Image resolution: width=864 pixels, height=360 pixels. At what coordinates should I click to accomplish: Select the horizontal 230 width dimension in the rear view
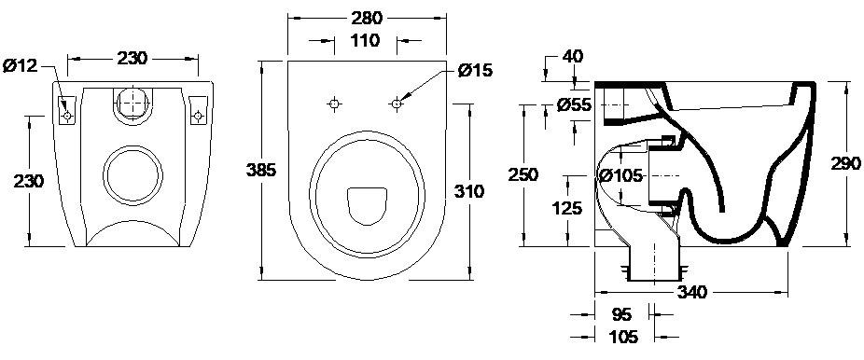pyautogui.click(x=133, y=58)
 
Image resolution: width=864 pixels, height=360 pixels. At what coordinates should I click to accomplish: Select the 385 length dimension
pyautogui.click(x=259, y=169)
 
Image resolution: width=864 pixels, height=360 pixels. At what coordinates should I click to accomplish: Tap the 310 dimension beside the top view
pyautogui.click(x=469, y=191)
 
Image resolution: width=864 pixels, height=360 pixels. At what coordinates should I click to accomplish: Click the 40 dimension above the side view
pyautogui.click(x=572, y=57)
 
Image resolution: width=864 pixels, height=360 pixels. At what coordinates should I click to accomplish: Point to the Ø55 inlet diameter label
pyautogui.click(x=574, y=105)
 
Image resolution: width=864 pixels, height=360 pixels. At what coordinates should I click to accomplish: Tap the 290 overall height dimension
pyautogui.click(x=846, y=164)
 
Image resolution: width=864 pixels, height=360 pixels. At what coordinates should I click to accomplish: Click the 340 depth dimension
pyautogui.click(x=691, y=292)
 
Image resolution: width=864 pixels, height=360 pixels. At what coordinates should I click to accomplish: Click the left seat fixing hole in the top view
pyautogui.click(x=334, y=104)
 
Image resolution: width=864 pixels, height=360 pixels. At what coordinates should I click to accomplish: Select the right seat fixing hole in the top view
pyautogui.click(x=397, y=104)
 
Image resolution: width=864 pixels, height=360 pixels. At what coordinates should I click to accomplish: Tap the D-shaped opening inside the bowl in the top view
pyautogui.click(x=365, y=204)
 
